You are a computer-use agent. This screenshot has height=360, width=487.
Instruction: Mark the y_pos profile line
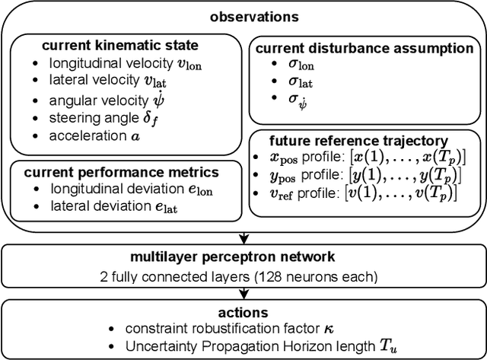coord(358,175)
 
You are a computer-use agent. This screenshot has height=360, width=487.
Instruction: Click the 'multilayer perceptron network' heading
coord(243,253)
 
